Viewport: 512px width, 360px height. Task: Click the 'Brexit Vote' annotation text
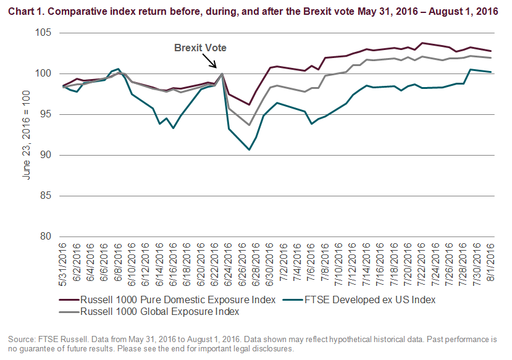coord(196,48)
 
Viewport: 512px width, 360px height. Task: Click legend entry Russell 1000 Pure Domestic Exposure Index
coord(170,300)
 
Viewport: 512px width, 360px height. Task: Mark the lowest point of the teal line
coord(249,149)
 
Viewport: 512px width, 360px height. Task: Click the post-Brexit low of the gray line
coord(249,125)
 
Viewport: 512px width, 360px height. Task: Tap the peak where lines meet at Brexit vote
coord(222,74)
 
